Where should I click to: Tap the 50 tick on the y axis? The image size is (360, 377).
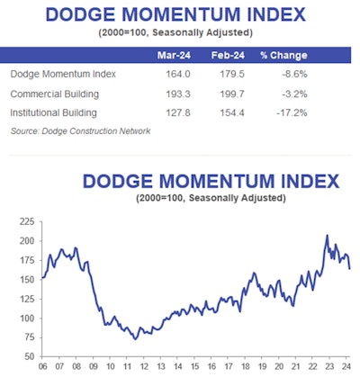[26, 357]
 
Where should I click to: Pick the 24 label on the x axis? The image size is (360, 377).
[346, 368]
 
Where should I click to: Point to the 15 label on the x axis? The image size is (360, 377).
[195, 368]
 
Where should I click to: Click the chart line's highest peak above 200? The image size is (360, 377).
[327, 235]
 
